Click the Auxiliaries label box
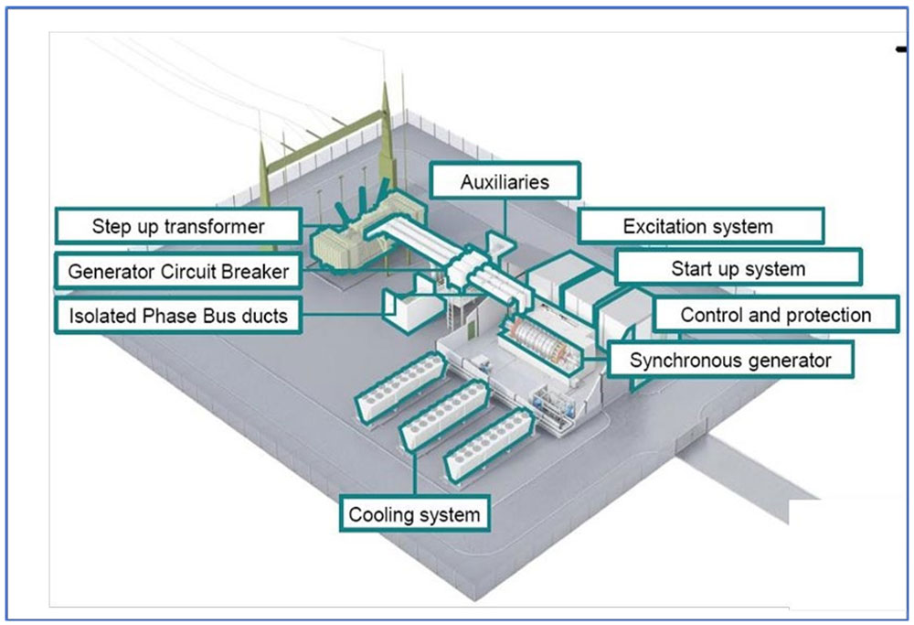(x=505, y=181)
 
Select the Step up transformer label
(x=178, y=226)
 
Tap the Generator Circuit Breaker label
(x=178, y=272)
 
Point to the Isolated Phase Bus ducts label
(x=178, y=316)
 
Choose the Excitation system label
(x=701, y=226)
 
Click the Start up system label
(x=738, y=268)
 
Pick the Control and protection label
(x=775, y=315)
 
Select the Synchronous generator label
(x=730, y=360)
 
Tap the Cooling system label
(x=414, y=514)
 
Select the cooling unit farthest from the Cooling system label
(x=401, y=388)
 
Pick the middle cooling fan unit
(x=444, y=415)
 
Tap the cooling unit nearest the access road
(x=488, y=445)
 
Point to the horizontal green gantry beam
(x=325, y=139)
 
